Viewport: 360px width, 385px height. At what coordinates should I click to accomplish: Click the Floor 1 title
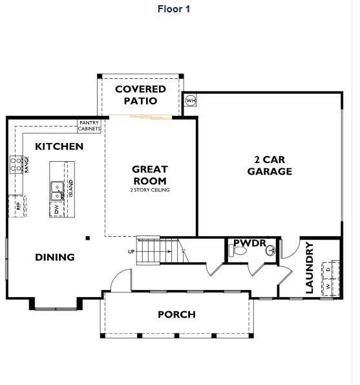[174, 9]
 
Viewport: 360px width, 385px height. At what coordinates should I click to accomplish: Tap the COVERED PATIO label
[141, 94]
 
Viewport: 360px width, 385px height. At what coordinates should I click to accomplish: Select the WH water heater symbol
[191, 100]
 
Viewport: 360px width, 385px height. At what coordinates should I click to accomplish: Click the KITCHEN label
[59, 147]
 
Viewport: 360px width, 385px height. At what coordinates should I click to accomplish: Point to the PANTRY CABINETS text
[89, 126]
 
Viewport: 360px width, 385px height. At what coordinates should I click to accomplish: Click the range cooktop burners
[16, 165]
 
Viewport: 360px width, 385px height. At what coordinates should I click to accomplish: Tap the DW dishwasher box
[57, 210]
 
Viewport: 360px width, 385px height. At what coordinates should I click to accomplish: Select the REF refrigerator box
[17, 206]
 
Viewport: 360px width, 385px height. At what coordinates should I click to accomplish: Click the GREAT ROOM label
[149, 175]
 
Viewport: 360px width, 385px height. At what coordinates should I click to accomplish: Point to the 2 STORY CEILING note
[149, 190]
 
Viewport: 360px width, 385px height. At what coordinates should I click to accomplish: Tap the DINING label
[55, 258]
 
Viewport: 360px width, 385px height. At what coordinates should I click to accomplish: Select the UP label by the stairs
[132, 252]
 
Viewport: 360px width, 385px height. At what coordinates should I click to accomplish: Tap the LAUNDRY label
[310, 267]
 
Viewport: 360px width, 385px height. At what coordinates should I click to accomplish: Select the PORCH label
[176, 315]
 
